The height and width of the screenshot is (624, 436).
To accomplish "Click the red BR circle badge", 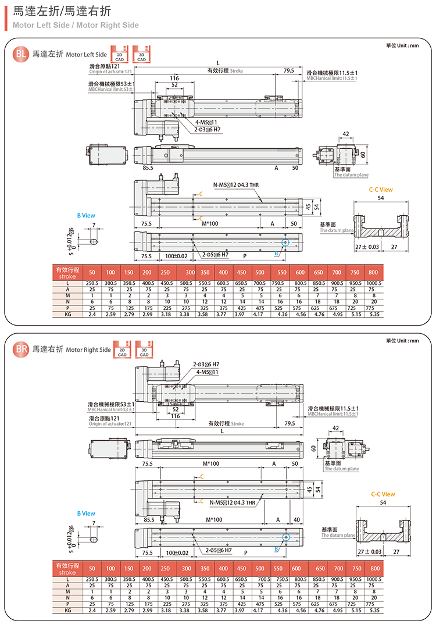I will click(x=21, y=350).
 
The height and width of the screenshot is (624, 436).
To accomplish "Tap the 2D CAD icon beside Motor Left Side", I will click(x=119, y=53).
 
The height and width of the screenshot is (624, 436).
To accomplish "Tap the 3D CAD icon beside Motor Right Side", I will click(x=144, y=349).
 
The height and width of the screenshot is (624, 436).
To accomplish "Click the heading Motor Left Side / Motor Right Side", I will click(x=76, y=25).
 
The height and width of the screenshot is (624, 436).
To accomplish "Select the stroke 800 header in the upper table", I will click(x=373, y=273).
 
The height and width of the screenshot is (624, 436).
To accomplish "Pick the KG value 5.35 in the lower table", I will click(x=374, y=611).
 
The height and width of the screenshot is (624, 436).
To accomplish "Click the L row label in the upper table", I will click(x=68, y=283).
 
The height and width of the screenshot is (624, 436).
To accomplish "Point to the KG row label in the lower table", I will click(x=68, y=611).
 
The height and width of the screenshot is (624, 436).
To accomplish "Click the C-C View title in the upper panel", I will click(x=381, y=190).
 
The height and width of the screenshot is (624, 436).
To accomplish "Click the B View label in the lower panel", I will click(x=86, y=514).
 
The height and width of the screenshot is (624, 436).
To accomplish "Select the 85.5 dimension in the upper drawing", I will click(x=148, y=167).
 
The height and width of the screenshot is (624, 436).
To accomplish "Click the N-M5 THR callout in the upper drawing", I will click(x=235, y=185).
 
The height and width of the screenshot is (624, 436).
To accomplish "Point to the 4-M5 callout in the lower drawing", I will click(x=208, y=372).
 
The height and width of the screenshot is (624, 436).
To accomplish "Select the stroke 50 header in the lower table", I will click(x=92, y=568).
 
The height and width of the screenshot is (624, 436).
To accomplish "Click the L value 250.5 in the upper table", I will click(x=92, y=283).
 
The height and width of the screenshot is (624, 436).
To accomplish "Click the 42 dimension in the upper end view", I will click(x=346, y=134).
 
